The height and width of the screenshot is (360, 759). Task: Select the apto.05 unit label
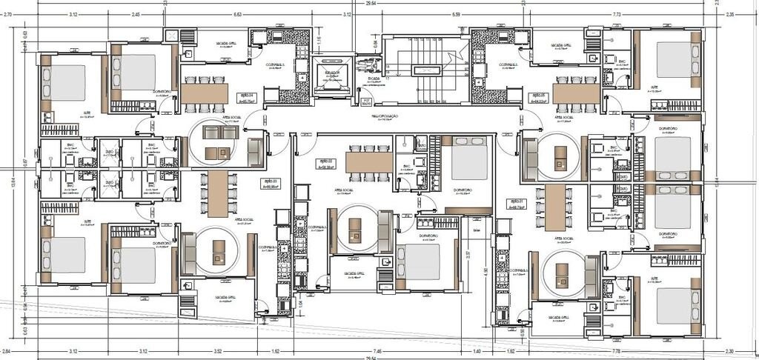[539, 96]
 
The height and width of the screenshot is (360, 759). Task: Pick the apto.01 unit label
[517, 203]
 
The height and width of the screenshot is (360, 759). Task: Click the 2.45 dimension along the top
[136, 14]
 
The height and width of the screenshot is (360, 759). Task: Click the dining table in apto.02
[368, 160]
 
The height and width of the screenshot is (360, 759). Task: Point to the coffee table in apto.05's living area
[560, 153]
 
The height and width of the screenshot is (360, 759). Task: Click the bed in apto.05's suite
[674, 60]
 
